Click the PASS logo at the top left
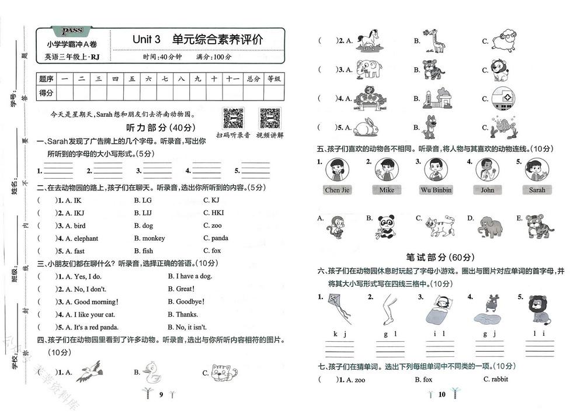coord(72,30)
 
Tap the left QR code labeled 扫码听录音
coord(233,119)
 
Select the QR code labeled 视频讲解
coord(270,119)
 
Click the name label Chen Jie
coord(337,190)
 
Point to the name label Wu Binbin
coord(436,190)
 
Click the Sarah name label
coord(537,190)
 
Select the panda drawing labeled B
coord(387,227)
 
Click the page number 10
coord(442,394)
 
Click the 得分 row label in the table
coord(46,93)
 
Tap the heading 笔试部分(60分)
coord(440,257)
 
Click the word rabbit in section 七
coord(496,379)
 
